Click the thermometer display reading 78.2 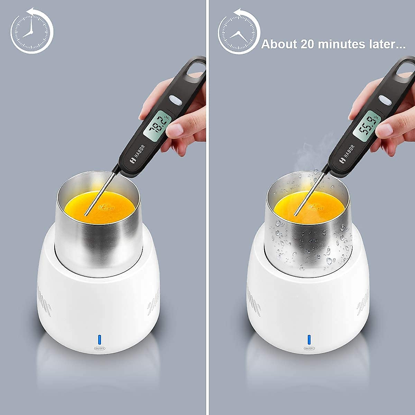click(x=156, y=125)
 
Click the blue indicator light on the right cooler click(x=309, y=339)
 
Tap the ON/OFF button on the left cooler click(x=100, y=349)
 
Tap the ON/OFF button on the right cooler click(x=309, y=349)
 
